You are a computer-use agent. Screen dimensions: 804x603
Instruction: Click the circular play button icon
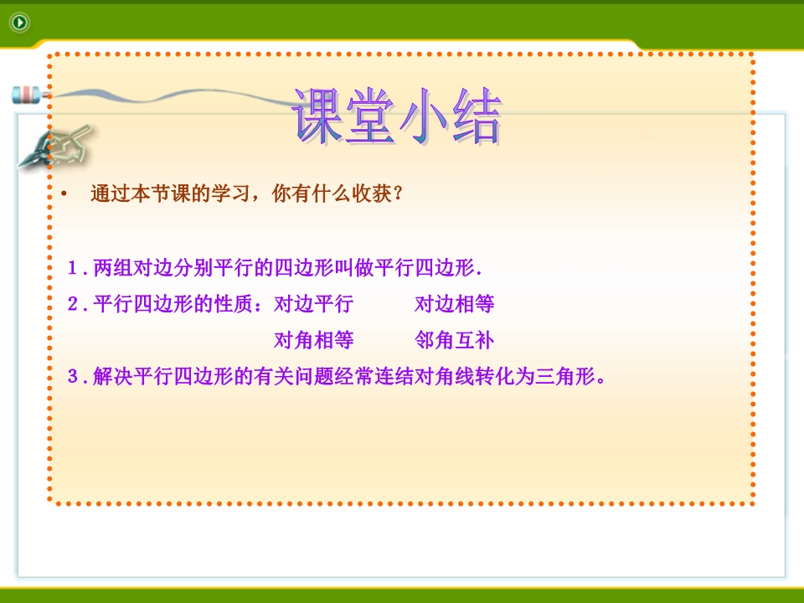[x=20, y=23]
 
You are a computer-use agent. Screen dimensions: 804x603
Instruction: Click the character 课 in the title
[x=318, y=116]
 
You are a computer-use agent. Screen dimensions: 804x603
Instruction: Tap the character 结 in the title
[x=477, y=116]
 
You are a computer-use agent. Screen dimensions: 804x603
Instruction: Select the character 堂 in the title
[x=371, y=116]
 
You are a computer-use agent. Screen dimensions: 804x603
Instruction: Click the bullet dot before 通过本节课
[x=64, y=193]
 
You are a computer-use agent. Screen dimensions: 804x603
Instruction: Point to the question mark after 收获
[x=399, y=193]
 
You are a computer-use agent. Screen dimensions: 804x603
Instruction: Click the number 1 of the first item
[x=72, y=268]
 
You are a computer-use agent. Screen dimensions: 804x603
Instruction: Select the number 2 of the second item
[x=72, y=304]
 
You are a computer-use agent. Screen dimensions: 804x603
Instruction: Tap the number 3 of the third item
[x=72, y=376]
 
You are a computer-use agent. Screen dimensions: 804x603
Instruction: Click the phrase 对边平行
[x=314, y=304]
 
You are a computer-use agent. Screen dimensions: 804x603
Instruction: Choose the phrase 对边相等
[x=454, y=304]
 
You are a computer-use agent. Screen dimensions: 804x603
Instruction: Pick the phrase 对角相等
[x=314, y=340]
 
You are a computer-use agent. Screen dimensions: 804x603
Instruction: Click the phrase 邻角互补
[x=454, y=340]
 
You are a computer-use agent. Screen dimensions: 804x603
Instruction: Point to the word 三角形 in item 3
[x=566, y=376]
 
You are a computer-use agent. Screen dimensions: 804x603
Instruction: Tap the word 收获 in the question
[x=372, y=193]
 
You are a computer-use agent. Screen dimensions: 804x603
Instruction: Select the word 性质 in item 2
[x=234, y=304]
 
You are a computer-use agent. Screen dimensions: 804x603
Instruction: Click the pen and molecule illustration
[x=55, y=147]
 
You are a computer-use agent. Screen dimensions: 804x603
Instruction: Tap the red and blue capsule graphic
[x=26, y=95]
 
